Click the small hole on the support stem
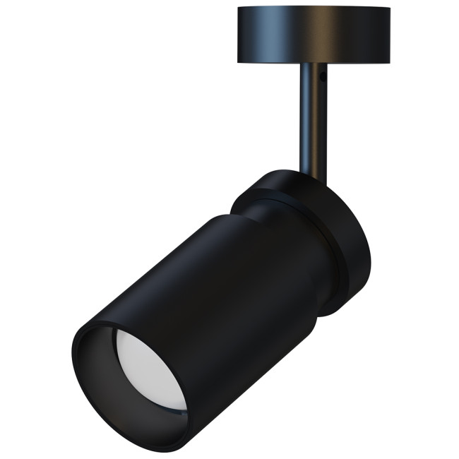click(x=321, y=73)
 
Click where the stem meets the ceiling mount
click(x=312, y=65)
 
